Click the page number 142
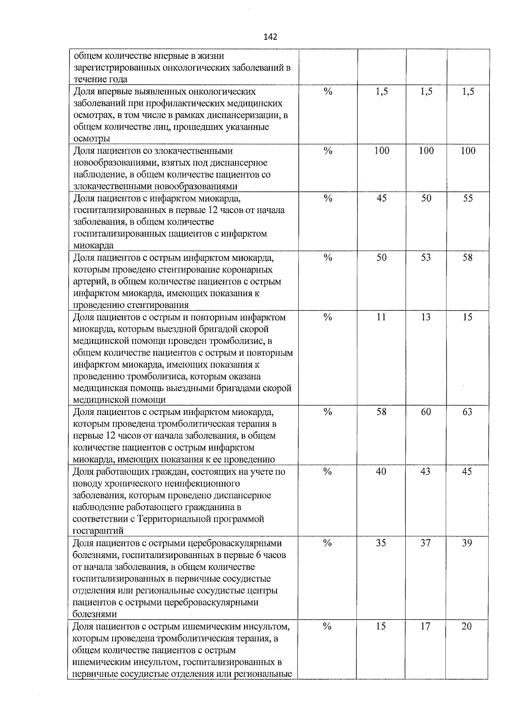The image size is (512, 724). click(x=271, y=37)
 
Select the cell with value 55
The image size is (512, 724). click(x=468, y=199)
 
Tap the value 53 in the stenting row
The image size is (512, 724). click(x=426, y=258)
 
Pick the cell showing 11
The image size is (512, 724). click(x=381, y=317)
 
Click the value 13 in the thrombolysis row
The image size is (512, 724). click(x=426, y=317)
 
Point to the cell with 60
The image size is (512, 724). click(x=426, y=412)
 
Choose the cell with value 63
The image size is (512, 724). click(x=468, y=412)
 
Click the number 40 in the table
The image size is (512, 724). click(x=381, y=472)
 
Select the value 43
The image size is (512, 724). click(x=425, y=472)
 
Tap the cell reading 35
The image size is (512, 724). click(x=381, y=543)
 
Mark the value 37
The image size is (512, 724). click(x=425, y=543)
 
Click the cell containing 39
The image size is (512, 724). click(x=467, y=543)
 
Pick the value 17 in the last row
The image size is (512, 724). click(x=425, y=626)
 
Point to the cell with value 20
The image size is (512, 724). click(x=467, y=626)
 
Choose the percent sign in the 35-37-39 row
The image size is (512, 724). click(x=327, y=543)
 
